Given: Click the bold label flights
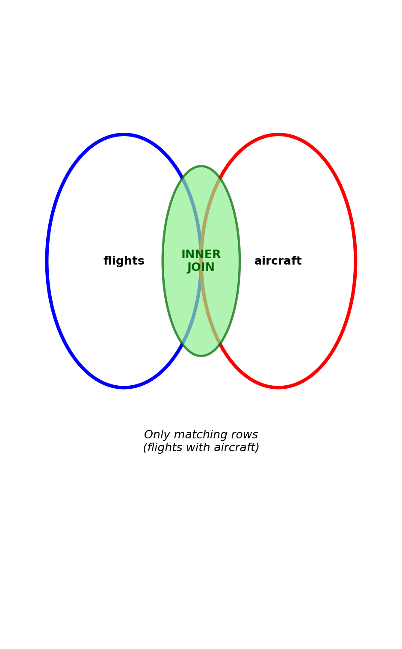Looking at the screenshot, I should point(124,261).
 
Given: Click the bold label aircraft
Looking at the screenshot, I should point(278,261).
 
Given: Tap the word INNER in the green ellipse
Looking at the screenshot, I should point(201,255).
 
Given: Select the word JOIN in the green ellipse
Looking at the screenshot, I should point(201,268).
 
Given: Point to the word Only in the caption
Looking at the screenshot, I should point(156,435).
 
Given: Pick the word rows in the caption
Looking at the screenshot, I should point(245,435).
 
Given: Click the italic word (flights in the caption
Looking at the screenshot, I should point(164,448).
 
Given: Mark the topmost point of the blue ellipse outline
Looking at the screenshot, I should point(124,135).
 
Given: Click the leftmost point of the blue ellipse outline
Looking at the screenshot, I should point(47,261).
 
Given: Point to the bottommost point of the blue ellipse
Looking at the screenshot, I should point(124,387).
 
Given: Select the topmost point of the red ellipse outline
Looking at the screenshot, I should point(278,135).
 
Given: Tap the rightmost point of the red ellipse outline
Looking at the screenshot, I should point(355,261).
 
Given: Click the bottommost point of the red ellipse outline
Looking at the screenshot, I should point(278,387).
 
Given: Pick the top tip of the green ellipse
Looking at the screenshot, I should point(201,167).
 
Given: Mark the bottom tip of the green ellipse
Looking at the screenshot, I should point(201,356).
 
